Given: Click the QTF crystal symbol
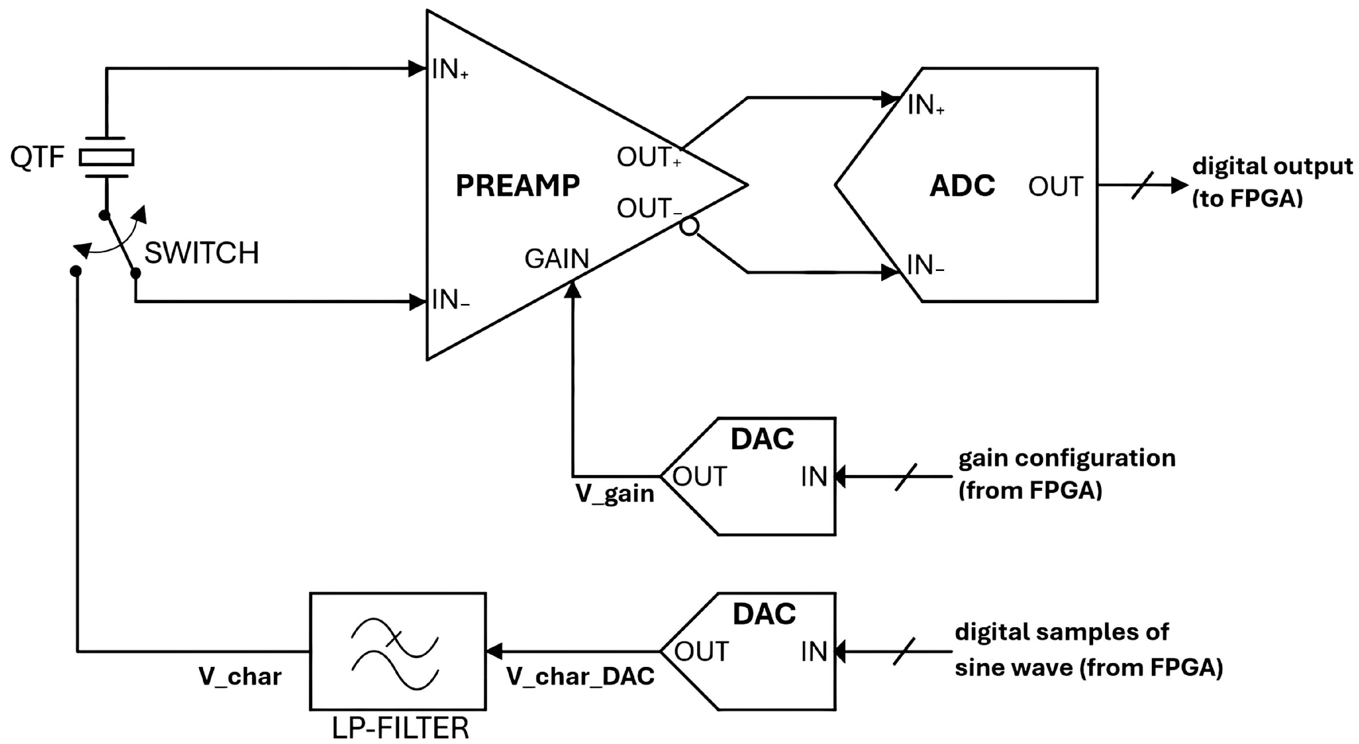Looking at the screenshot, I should click(x=106, y=157).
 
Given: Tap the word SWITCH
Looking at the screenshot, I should click(x=201, y=253).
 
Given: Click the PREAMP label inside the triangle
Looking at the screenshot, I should click(x=517, y=186).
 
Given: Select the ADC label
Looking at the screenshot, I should click(x=962, y=186).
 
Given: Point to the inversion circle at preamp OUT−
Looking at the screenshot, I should click(x=689, y=227).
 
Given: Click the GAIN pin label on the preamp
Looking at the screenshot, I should click(x=556, y=259).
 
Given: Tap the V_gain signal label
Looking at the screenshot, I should click(x=615, y=494).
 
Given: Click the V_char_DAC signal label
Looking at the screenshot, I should click(x=580, y=676).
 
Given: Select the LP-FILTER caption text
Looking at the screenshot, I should click(x=400, y=729).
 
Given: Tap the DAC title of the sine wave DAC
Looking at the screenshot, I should click(x=764, y=614).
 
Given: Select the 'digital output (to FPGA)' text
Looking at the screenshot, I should click(x=1271, y=182).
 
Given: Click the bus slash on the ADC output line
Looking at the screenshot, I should click(x=1142, y=185).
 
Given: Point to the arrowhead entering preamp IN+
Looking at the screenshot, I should click(x=417, y=68).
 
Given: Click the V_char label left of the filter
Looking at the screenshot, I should click(x=240, y=676).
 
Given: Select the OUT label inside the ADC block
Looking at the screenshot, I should click(x=1055, y=187).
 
